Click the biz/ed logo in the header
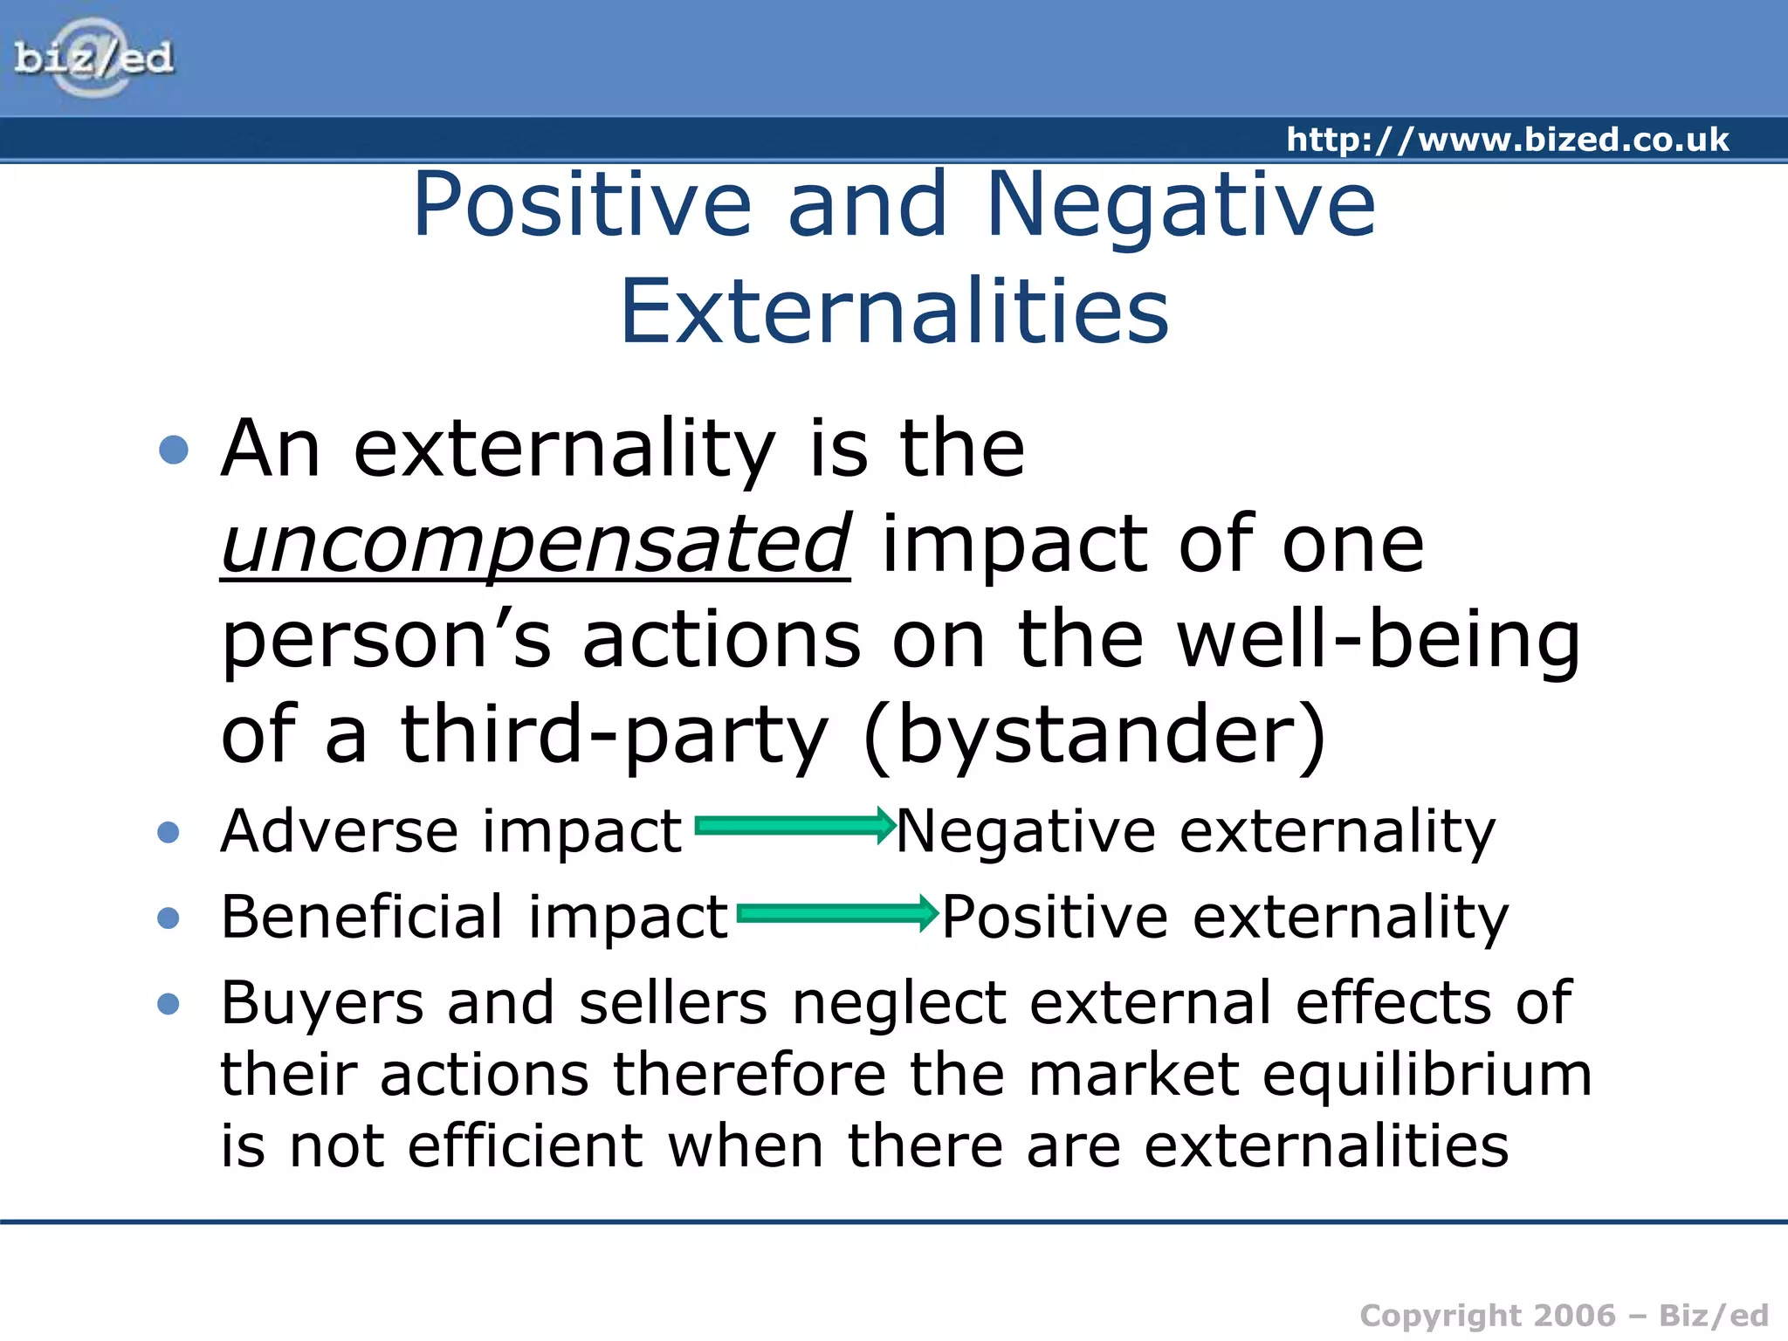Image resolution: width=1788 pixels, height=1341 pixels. [93, 58]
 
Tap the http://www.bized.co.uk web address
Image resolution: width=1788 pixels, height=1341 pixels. [1507, 140]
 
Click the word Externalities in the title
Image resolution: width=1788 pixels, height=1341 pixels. [894, 311]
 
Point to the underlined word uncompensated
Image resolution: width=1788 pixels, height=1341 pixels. [535, 545]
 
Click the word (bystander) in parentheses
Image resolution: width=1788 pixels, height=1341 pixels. [1095, 735]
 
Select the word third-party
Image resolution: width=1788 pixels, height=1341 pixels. [614, 735]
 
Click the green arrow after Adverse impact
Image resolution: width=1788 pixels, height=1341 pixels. [794, 826]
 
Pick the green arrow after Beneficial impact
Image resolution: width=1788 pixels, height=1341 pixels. [836, 913]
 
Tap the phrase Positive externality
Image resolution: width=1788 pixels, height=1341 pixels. [1225, 917]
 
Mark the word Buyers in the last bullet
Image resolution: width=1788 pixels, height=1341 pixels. [322, 1003]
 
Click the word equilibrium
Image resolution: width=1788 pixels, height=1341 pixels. [1427, 1074]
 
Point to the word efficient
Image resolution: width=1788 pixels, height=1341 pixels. [526, 1145]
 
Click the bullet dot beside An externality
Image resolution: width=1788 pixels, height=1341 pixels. [174, 450]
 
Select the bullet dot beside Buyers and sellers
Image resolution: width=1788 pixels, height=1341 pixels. [168, 1004]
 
